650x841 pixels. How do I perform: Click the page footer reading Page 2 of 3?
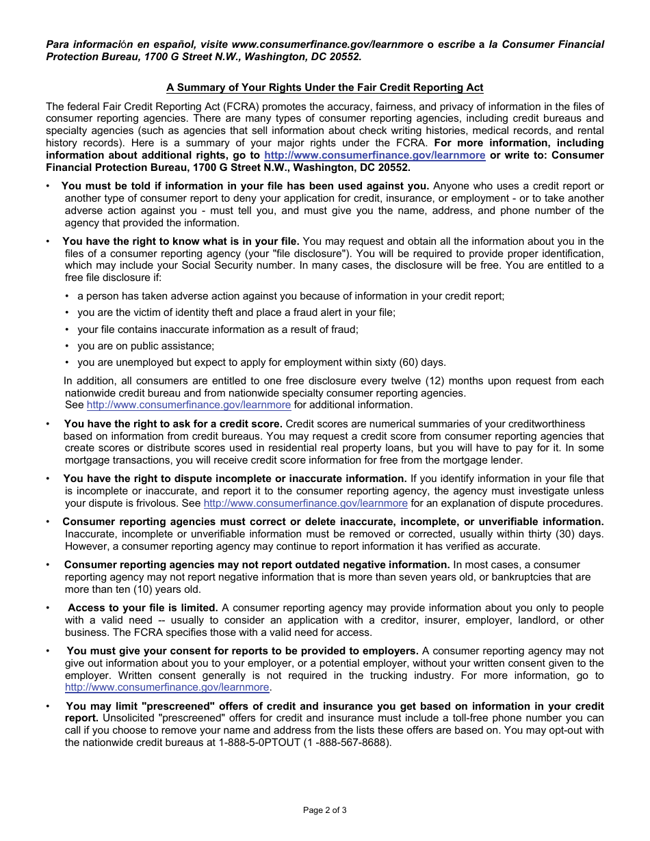324,810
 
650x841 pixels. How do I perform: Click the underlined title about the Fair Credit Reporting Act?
324,88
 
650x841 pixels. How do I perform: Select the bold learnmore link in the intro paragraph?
374,155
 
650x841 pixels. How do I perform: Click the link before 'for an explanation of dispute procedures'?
305,503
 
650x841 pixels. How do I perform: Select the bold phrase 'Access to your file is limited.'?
142,608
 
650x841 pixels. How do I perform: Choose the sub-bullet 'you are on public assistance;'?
145,346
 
